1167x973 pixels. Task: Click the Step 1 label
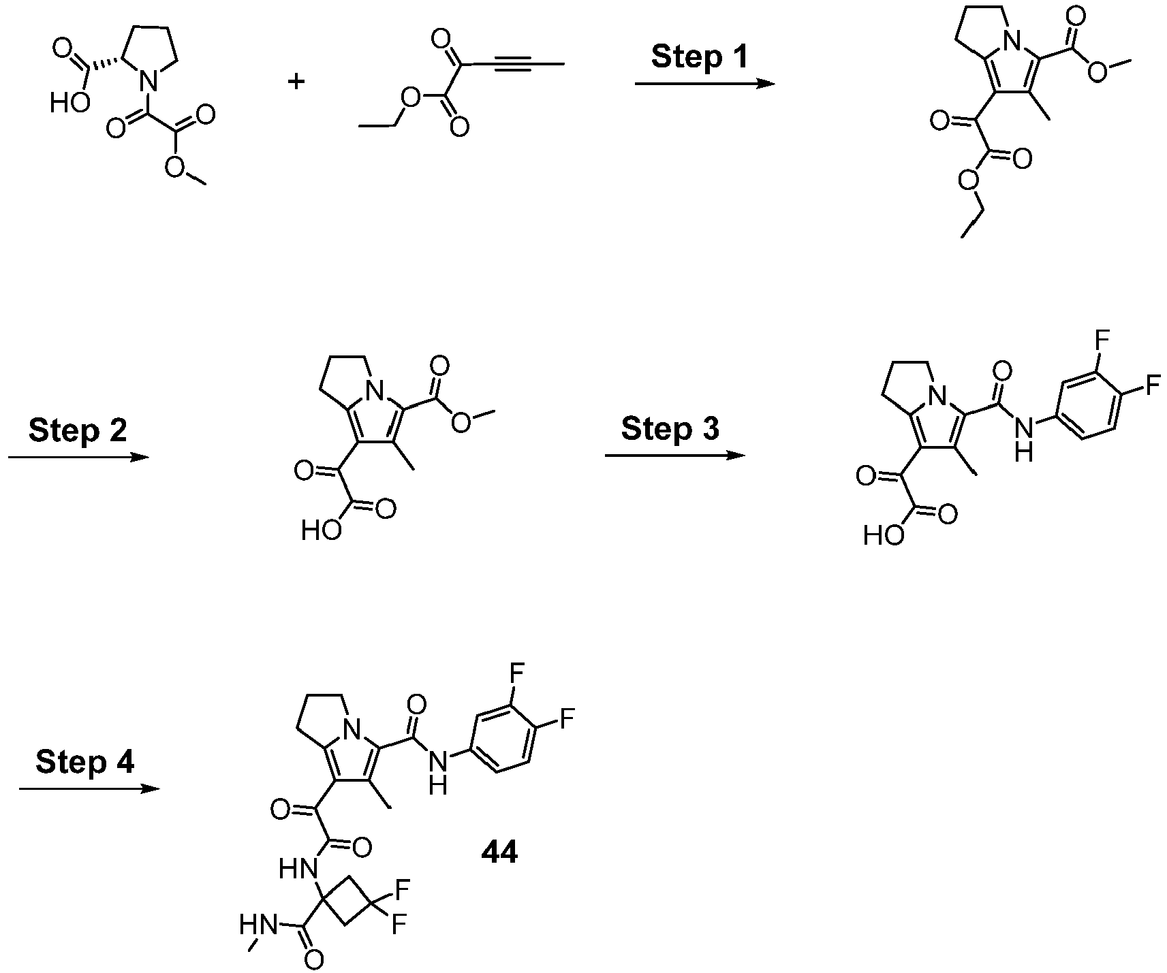tap(700, 57)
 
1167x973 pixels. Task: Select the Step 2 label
tap(78, 430)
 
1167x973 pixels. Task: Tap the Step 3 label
tap(670, 429)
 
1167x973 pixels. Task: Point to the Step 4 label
tap(85, 762)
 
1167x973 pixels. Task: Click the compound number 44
tap(499, 852)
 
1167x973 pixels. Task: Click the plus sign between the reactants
tap(296, 82)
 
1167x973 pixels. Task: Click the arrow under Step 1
tap(705, 84)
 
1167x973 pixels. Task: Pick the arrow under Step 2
tap(78, 456)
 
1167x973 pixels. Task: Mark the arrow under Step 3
tap(675, 455)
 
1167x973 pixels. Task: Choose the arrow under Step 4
tap(89, 788)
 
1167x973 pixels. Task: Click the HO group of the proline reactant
tap(70, 103)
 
